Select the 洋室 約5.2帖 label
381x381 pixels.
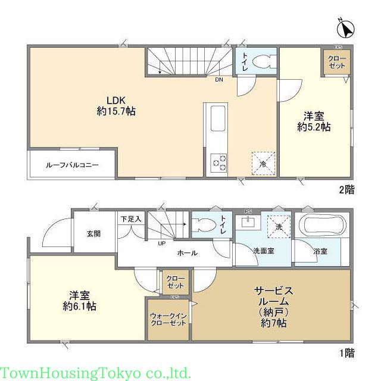[x=314, y=121]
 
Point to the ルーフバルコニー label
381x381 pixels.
[x=72, y=164]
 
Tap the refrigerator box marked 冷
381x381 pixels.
[x=263, y=162]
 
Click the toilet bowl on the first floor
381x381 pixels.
[x=202, y=225]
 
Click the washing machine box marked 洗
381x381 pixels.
[x=278, y=226]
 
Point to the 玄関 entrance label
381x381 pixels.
[x=92, y=233]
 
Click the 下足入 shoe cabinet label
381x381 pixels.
[x=131, y=219]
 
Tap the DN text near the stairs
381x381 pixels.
[x=219, y=80]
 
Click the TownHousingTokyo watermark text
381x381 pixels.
[x=95, y=373]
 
